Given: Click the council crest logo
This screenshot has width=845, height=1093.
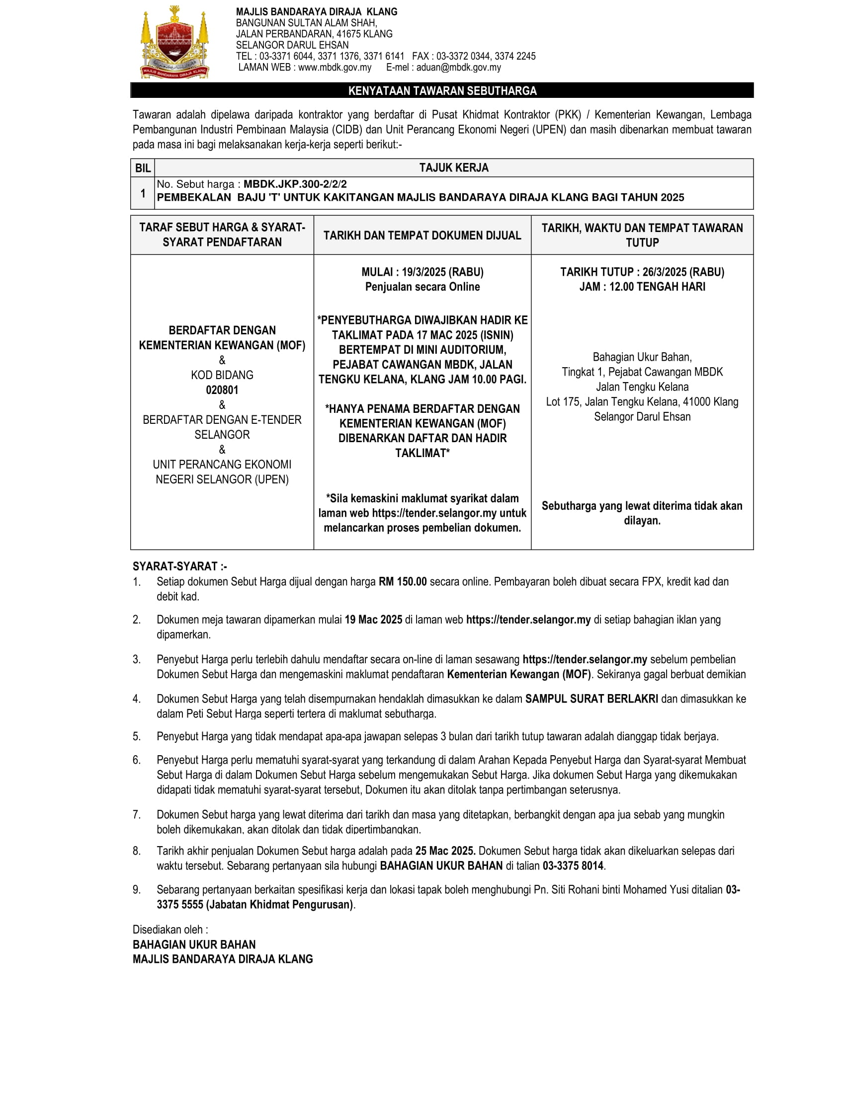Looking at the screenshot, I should coord(173,43).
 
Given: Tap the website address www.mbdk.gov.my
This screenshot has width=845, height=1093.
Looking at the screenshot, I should coord(335,68).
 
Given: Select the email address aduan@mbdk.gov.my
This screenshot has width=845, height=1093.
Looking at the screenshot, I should coord(458,68).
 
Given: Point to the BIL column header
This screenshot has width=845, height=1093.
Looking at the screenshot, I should coord(143,168).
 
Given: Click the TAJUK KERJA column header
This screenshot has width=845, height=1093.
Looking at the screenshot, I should coord(453,168).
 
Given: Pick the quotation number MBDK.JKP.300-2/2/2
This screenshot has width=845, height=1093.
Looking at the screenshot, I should coord(295,184).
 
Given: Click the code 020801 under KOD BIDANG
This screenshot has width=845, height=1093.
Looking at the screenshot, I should coord(222,390).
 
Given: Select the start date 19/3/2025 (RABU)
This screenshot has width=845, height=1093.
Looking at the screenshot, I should coord(442,272).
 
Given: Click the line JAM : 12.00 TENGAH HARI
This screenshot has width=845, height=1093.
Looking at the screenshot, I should coord(642,287).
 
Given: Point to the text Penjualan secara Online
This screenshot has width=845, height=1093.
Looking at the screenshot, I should coord(422,287).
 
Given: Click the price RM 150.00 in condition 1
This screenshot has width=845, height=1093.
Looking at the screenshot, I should coord(403,582).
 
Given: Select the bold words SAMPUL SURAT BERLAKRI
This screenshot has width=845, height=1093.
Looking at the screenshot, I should coord(591,699).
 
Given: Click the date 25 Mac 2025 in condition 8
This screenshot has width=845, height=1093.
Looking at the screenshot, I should coord(445,851).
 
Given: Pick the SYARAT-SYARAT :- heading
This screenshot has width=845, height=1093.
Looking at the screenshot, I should coord(180,566).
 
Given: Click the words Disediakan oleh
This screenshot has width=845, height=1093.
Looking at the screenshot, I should coord(169,930).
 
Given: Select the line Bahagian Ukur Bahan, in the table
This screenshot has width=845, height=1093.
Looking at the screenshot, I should coord(642,357).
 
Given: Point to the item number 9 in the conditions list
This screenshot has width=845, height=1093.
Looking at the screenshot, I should coord(136,890).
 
